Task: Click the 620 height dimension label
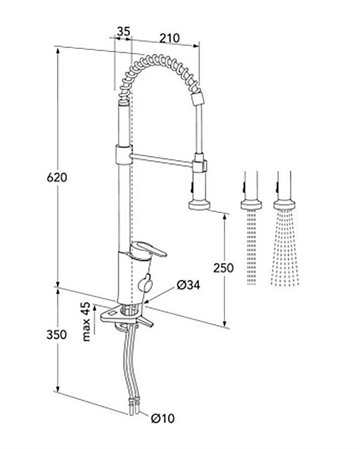[x=57, y=177]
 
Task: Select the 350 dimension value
[x=57, y=335]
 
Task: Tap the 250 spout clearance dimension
[x=223, y=268]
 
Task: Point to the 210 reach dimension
[x=168, y=38]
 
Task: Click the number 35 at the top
[x=123, y=32]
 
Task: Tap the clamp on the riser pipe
[x=121, y=154]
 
